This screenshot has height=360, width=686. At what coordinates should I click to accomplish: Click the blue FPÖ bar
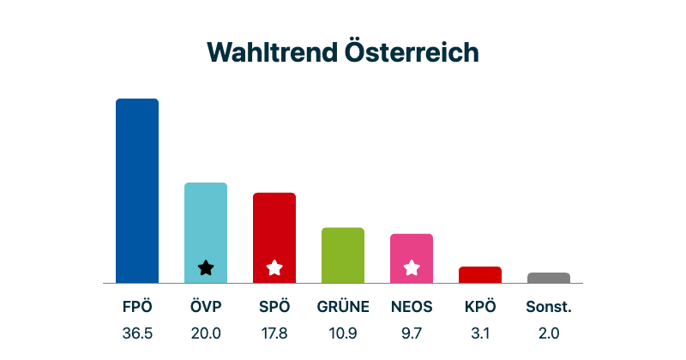coord(137,190)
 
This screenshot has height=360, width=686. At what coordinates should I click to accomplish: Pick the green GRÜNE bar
coord(343,255)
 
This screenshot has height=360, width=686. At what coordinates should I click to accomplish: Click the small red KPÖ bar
coord(480,274)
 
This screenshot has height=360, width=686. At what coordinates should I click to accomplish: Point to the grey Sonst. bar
coord(549,278)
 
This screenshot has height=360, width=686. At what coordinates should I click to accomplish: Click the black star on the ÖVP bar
coord(206,267)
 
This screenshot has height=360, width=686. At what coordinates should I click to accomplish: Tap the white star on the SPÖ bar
coord(274,267)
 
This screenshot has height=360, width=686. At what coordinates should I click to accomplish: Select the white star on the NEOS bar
coord(412,267)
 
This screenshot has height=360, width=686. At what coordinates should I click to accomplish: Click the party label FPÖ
coord(137,307)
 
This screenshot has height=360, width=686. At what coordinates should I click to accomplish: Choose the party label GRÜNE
coord(343,307)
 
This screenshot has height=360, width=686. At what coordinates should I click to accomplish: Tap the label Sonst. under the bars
coord(549,307)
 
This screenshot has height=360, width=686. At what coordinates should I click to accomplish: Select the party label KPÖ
coord(480,307)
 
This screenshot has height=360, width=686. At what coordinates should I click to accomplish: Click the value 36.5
coord(137,333)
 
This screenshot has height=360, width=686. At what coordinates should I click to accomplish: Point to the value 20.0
coord(206,333)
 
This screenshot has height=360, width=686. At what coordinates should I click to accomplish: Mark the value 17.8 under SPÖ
coord(274,333)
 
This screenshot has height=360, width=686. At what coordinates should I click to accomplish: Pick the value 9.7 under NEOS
coord(412,333)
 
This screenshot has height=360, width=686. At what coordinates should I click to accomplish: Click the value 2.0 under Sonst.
coord(549,333)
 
